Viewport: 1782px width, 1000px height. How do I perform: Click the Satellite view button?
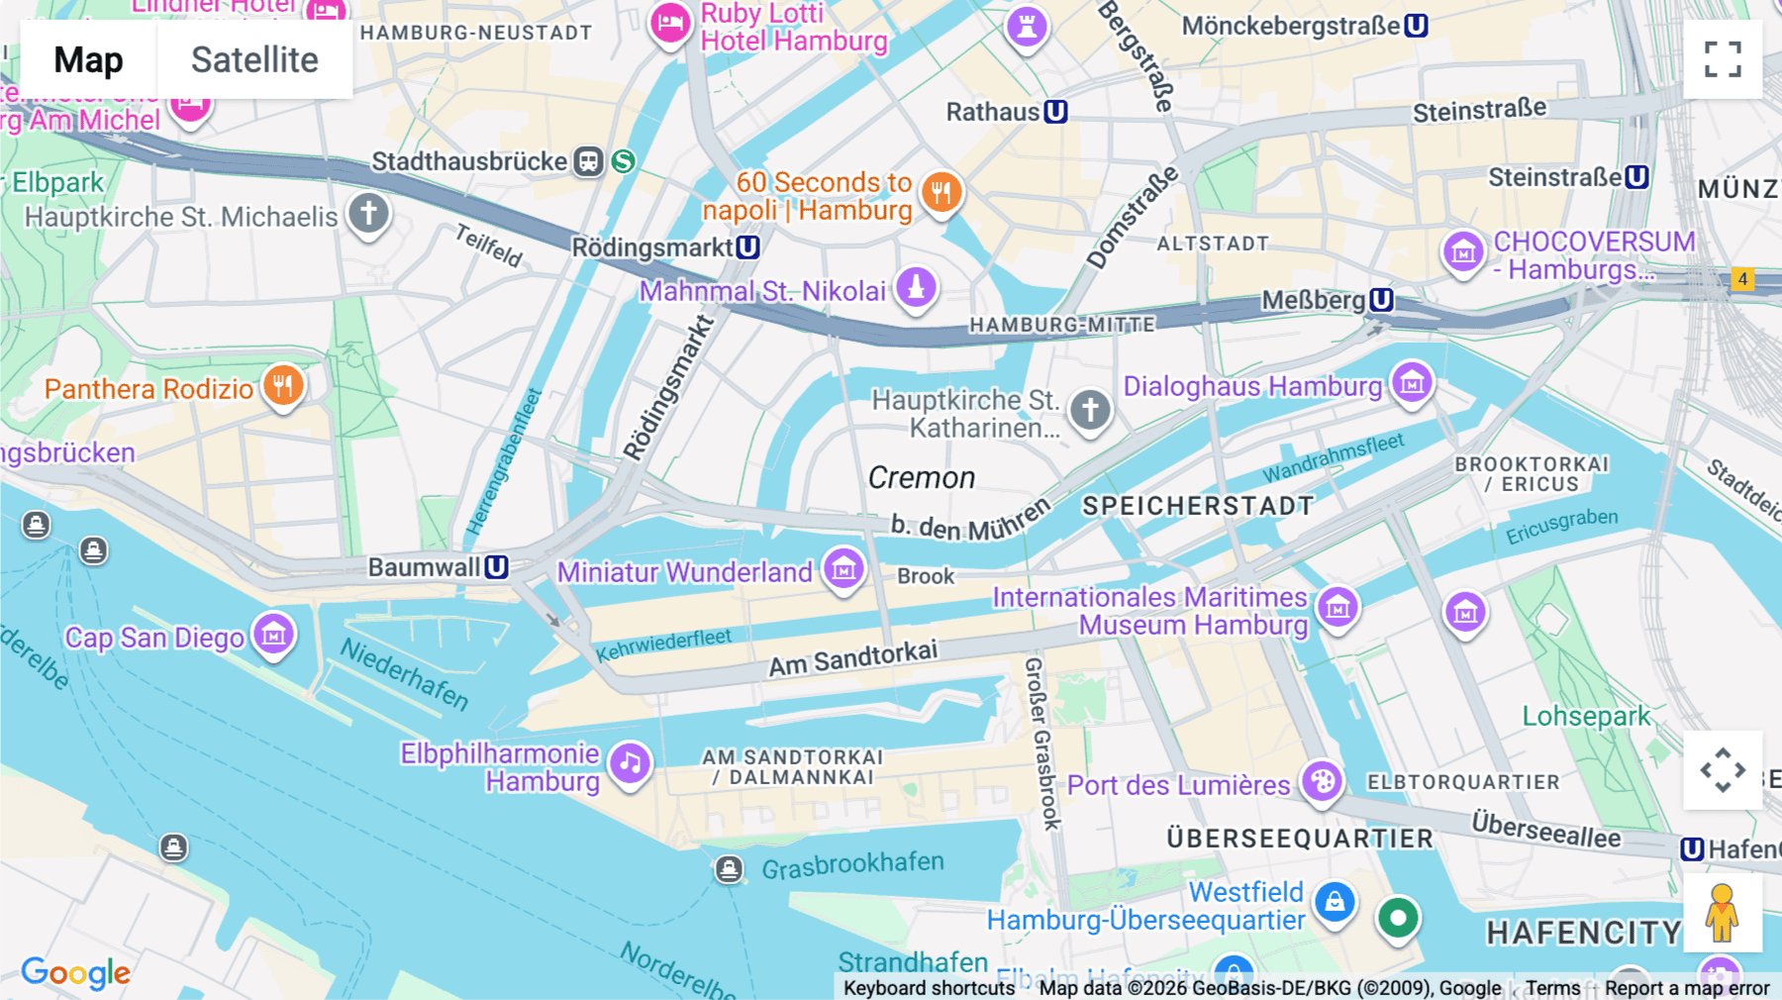tap(254, 59)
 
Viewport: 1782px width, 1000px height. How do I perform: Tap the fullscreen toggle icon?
tap(1723, 59)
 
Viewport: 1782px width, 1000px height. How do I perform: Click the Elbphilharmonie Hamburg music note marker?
tap(630, 763)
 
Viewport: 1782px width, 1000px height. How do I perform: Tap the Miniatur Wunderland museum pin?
tap(844, 569)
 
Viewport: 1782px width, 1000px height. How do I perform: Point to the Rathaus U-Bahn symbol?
tap(1055, 112)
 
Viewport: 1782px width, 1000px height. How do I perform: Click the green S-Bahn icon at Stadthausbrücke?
tap(623, 160)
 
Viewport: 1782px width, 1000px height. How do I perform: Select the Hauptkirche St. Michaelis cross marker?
tap(368, 213)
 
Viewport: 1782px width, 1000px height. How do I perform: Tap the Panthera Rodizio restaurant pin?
tap(283, 386)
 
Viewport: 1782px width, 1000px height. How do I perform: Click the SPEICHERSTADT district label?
tap(1198, 506)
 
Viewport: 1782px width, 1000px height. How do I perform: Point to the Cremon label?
tap(921, 478)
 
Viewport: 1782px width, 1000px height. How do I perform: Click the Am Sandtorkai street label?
tap(852, 658)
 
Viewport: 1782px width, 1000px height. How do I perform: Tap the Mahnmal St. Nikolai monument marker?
tap(916, 287)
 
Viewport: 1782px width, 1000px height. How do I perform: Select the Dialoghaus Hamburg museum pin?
tap(1412, 382)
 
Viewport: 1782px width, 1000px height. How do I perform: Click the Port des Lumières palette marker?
tap(1321, 781)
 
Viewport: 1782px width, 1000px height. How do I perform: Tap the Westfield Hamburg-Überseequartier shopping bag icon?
tap(1335, 902)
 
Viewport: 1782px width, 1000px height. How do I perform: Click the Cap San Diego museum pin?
tap(273, 634)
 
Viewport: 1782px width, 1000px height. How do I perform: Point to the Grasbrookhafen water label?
tap(852, 865)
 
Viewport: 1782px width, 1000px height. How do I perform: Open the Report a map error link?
tap(1687, 988)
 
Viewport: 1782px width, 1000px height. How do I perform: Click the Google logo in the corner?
tap(76, 972)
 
